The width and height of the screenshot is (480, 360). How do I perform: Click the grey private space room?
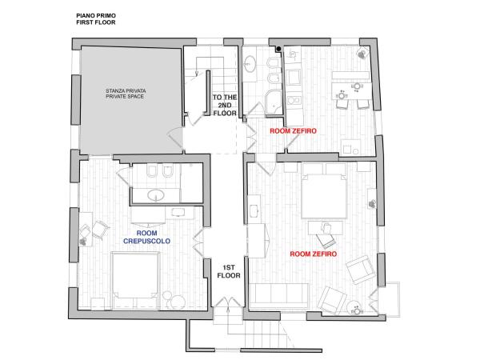point(128,100)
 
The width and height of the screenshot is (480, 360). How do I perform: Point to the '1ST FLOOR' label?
point(229,270)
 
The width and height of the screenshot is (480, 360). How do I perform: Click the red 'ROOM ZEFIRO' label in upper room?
point(290,130)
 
